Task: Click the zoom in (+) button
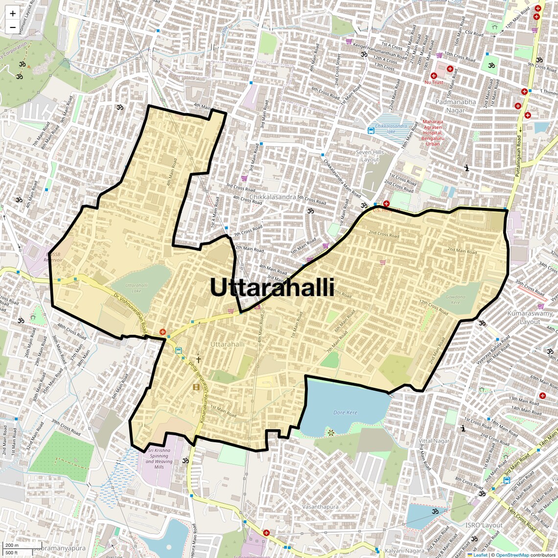(x=13, y=14)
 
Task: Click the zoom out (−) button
(x=13, y=27)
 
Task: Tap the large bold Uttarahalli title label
(x=272, y=287)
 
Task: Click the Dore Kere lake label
(x=345, y=413)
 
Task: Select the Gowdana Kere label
(x=456, y=300)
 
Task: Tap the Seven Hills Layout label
(x=370, y=156)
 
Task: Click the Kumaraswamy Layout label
(x=530, y=317)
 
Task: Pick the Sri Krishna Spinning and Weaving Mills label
(x=159, y=459)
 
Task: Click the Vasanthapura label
(x=320, y=507)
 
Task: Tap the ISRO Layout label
(x=484, y=525)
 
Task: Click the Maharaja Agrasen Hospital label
(x=433, y=133)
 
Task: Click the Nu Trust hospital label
(x=434, y=82)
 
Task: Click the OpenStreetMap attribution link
(x=512, y=555)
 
